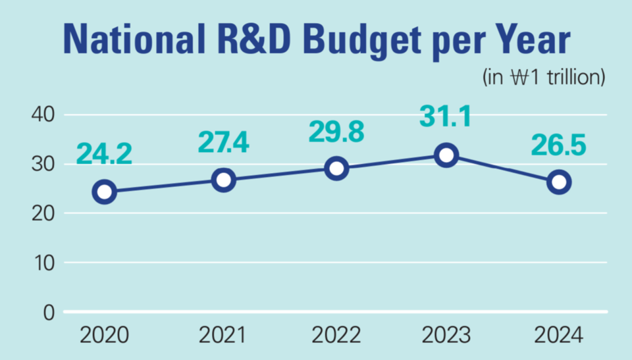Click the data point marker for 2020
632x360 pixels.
(105, 192)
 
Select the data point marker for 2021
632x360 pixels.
(224, 180)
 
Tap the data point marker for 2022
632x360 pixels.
(336, 168)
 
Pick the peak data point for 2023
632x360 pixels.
(447, 155)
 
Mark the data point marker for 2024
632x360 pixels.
(559, 182)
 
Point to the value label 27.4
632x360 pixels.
(224, 142)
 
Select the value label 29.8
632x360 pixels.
(336, 131)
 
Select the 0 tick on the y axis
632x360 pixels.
(49, 312)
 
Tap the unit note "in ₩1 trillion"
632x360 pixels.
(544, 77)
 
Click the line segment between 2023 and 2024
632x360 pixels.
(503, 168)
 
